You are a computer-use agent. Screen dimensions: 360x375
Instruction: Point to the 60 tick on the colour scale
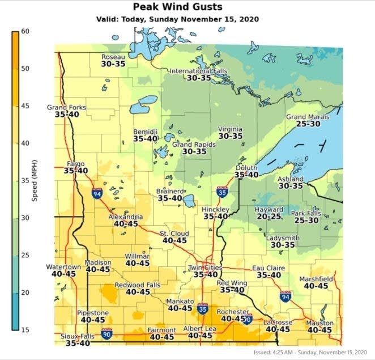click(x=25, y=32)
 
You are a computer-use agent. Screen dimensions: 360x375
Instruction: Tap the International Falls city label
click(x=199, y=71)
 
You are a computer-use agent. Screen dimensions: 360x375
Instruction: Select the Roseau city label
click(x=113, y=57)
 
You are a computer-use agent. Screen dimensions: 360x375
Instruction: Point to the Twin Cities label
click(x=205, y=267)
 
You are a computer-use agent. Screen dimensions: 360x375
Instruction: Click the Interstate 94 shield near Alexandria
click(x=97, y=194)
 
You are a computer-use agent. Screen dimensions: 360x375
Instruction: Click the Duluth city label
click(x=246, y=168)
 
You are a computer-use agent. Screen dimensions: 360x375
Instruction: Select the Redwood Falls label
click(x=138, y=285)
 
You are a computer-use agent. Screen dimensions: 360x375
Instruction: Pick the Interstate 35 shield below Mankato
click(x=203, y=309)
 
